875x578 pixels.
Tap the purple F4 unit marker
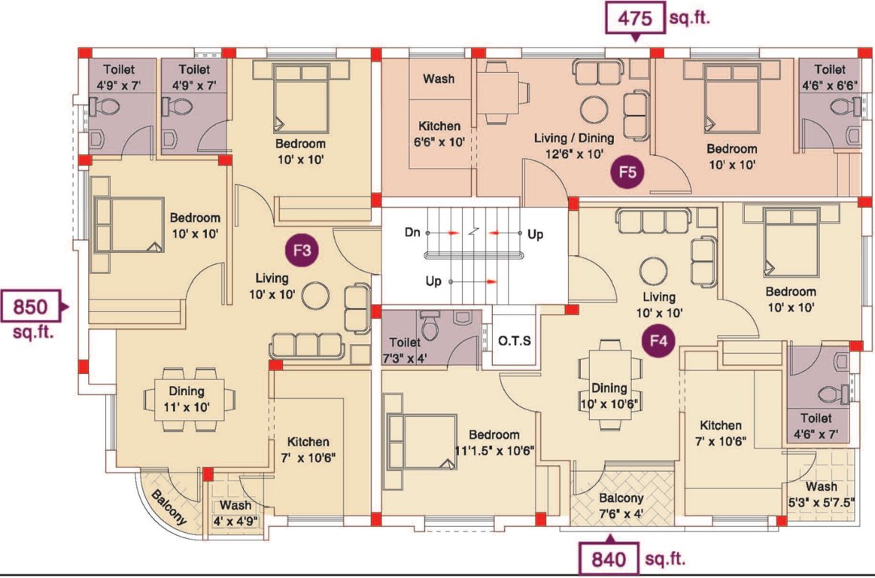tap(658, 340)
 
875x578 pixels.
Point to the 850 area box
tap(29, 306)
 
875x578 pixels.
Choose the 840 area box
tap(607, 559)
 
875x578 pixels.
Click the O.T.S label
tap(515, 340)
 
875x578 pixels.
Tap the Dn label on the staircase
tap(412, 233)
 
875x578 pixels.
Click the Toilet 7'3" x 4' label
tap(406, 350)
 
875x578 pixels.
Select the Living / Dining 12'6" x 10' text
tap(573, 145)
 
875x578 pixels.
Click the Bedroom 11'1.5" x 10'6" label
tap(494, 443)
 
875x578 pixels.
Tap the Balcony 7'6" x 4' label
tap(621, 505)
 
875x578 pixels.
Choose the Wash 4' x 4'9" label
tap(236, 512)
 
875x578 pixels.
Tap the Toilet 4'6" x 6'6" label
tap(829, 77)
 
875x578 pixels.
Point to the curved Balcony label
tap(169, 507)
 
